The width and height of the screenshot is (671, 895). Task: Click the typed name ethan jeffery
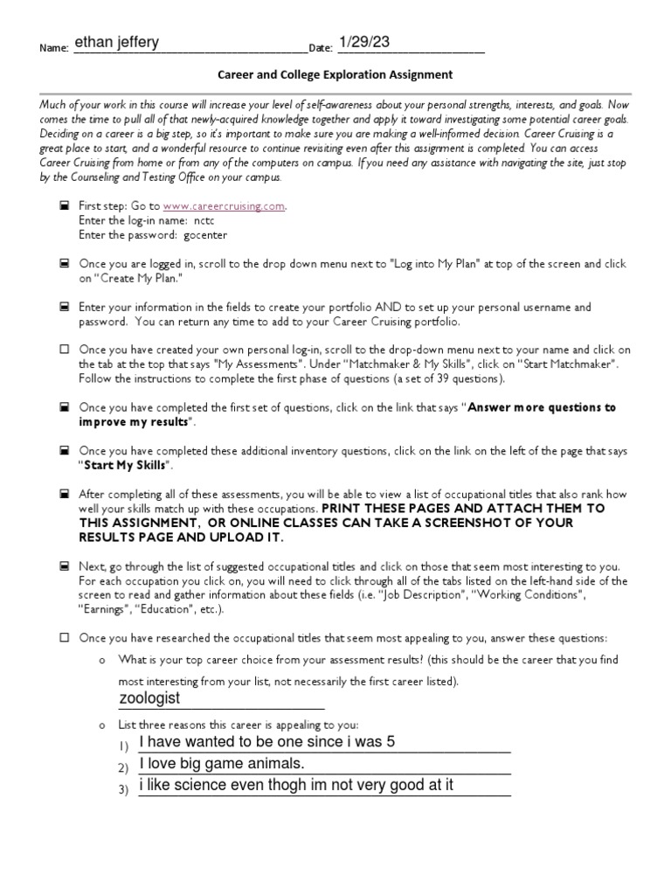pyautogui.click(x=116, y=41)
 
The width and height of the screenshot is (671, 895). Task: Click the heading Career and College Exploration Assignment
pyautogui.click(x=335, y=75)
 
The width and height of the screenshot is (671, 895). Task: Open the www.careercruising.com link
pyautogui.click(x=224, y=206)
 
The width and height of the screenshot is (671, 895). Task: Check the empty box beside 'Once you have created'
pyautogui.click(x=64, y=349)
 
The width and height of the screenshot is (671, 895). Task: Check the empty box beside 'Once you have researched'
pyautogui.click(x=64, y=638)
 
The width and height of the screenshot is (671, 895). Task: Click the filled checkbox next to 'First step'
pyautogui.click(x=64, y=206)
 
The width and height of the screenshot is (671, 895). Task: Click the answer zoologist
pyautogui.click(x=149, y=698)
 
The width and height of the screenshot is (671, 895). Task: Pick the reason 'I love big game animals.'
pyautogui.click(x=222, y=764)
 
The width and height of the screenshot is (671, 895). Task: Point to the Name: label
pyautogui.click(x=54, y=48)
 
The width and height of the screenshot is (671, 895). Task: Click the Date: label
pyautogui.click(x=321, y=48)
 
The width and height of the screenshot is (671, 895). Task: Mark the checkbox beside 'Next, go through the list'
pyautogui.click(x=64, y=566)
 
